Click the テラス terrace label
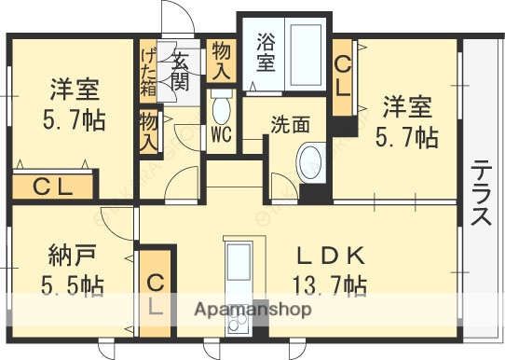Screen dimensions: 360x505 482,193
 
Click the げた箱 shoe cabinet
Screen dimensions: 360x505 148,71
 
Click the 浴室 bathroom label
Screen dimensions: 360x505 266,52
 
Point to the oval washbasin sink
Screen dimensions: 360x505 309,162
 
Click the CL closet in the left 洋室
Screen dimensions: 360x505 54,187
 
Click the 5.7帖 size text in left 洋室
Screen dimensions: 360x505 73,119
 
